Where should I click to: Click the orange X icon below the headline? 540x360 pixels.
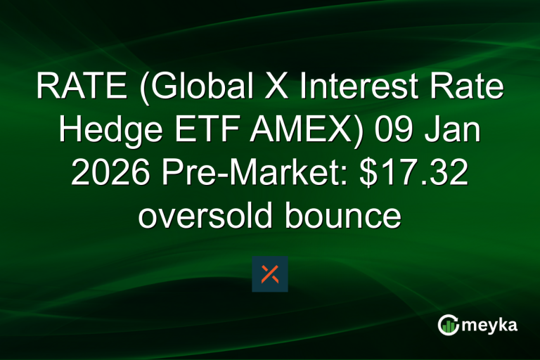(270, 274)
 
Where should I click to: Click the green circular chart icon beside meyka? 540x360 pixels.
(448, 325)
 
